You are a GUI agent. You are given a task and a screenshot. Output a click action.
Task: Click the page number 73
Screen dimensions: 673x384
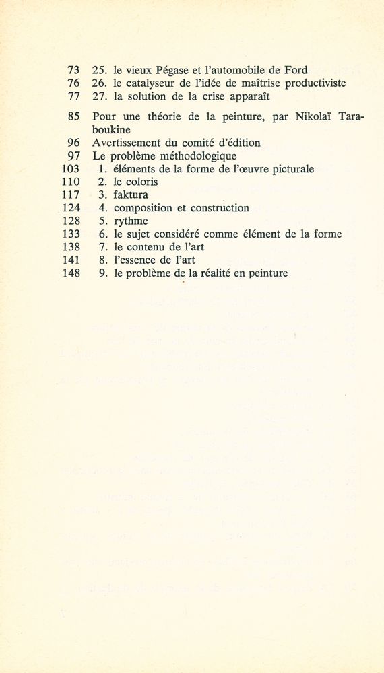(75, 69)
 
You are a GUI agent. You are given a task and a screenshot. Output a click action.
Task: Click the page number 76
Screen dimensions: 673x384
(75, 83)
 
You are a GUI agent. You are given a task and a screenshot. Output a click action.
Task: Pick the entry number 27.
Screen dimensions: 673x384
(99, 96)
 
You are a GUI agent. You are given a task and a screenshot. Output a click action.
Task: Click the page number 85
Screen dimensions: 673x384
(75, 116)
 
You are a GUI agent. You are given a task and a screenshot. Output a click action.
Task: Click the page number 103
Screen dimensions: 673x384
(71, 169)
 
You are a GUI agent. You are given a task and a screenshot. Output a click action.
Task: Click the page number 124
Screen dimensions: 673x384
(71, 208)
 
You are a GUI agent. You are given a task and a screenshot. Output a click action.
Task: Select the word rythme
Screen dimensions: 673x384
(131, 221)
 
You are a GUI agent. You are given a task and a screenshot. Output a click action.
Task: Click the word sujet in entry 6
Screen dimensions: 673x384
(142, 234)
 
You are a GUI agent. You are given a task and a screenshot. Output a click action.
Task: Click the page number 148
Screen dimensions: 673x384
(71, 274)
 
